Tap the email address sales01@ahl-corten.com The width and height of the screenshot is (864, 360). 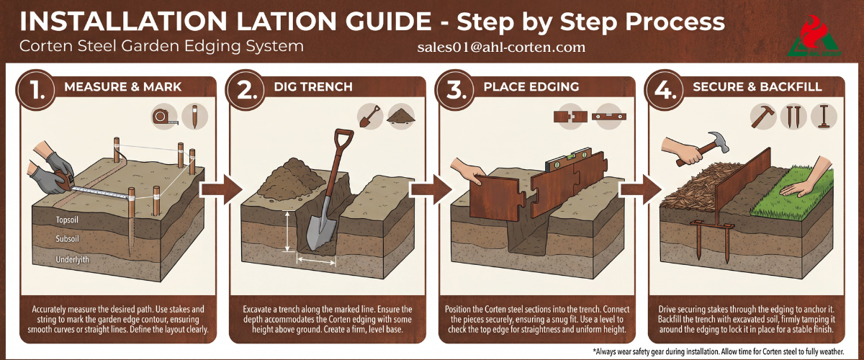[501, 47]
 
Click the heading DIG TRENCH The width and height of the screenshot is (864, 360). [313, 86]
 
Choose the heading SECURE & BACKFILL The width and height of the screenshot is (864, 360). [757, 86]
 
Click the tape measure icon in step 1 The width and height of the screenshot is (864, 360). [165, 116]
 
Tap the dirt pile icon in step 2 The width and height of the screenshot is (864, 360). [401, 116]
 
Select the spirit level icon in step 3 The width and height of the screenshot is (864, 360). [609, 117]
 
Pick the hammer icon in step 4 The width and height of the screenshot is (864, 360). [762, 116]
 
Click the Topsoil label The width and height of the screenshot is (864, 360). [67, 220]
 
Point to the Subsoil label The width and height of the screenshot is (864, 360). [67, 239]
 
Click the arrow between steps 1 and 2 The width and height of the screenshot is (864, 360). [221, 189]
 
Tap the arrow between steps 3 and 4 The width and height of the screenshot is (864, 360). [640, 189]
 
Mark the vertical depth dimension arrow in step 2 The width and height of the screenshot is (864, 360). [287, 230]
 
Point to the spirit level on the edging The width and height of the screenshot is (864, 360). [568, 159]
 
